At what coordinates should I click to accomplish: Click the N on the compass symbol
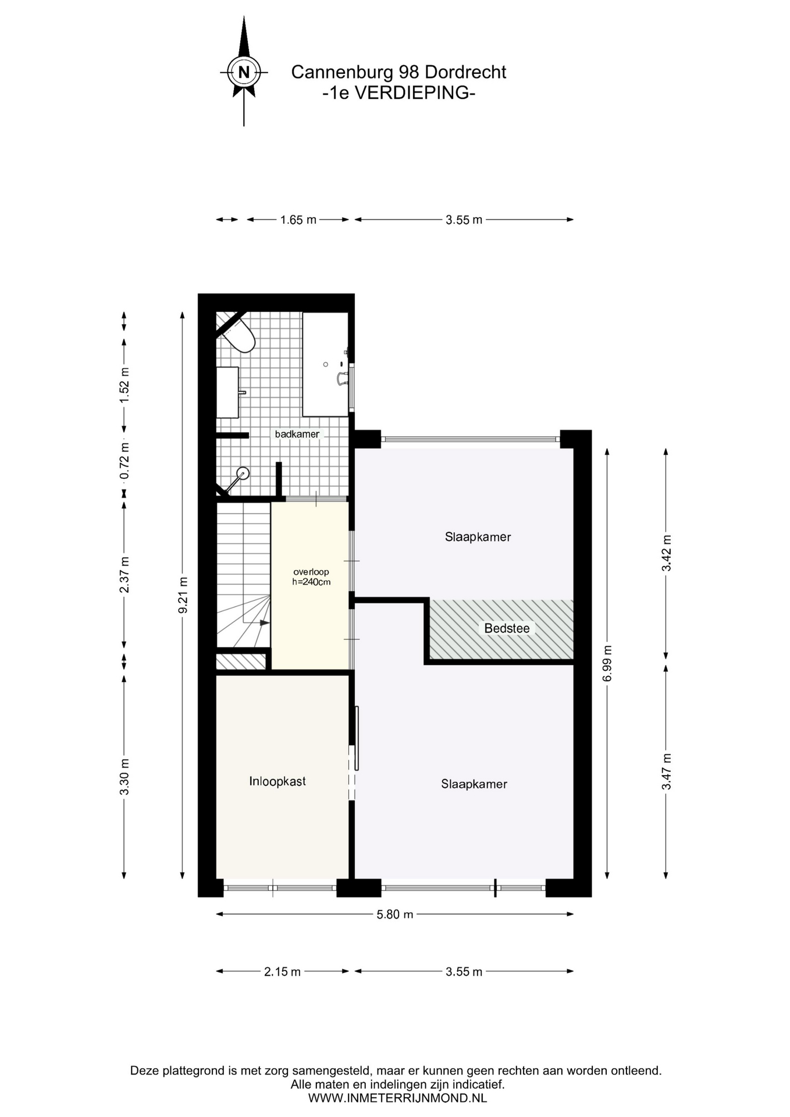(244, 73)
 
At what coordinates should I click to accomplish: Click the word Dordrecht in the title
(465, 72)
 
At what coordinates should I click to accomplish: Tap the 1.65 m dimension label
(298, 220)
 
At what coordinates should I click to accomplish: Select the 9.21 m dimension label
(183, 595)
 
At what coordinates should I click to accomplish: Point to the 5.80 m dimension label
(395, 915)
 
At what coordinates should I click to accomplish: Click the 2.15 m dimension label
(282, 972)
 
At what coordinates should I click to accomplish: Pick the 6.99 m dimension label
(607, 663)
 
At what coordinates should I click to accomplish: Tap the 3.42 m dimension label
(667, 553)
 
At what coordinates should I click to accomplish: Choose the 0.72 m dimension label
(124, 461)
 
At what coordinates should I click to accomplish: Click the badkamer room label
(297, 434)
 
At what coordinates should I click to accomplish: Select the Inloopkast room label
(277, 781)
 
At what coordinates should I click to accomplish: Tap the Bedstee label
(507, 628)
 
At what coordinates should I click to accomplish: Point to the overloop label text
(311, 572)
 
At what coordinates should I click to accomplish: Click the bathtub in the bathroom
(325, 364)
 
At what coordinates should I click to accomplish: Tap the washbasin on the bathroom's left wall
(228, 392)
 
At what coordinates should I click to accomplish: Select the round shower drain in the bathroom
(243, 473)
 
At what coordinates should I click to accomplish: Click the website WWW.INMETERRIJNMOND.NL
(397, 1098)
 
